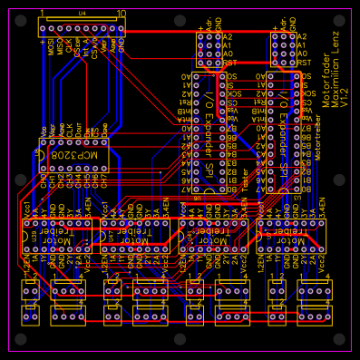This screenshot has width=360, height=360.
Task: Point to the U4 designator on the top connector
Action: click(x=82, y=14)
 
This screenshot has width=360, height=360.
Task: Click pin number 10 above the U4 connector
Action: click(x=122, y=14)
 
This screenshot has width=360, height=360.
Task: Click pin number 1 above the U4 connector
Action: click(x=43, y=14)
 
